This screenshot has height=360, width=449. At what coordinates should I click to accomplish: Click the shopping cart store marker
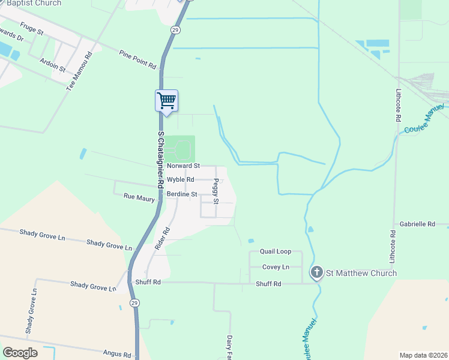tap(166, 100)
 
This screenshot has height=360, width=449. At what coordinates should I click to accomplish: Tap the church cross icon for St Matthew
tap(316, 273)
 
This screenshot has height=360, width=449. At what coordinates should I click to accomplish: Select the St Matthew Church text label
tap(361, 274)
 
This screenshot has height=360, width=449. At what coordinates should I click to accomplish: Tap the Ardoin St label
tap(52, 64)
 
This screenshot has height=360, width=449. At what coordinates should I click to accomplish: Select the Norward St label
tap(183, 166)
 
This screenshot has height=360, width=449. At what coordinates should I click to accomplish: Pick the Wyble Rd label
tap(181, 179)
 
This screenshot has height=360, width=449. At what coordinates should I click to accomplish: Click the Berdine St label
tap(182, 194)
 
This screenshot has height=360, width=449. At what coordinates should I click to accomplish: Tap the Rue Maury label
tap(139, 197)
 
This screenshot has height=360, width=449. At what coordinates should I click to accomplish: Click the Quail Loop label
tap(276, 252)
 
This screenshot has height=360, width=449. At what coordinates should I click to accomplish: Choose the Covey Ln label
tap(276, 267)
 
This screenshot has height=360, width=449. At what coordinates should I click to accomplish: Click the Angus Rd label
tap(117, 355)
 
